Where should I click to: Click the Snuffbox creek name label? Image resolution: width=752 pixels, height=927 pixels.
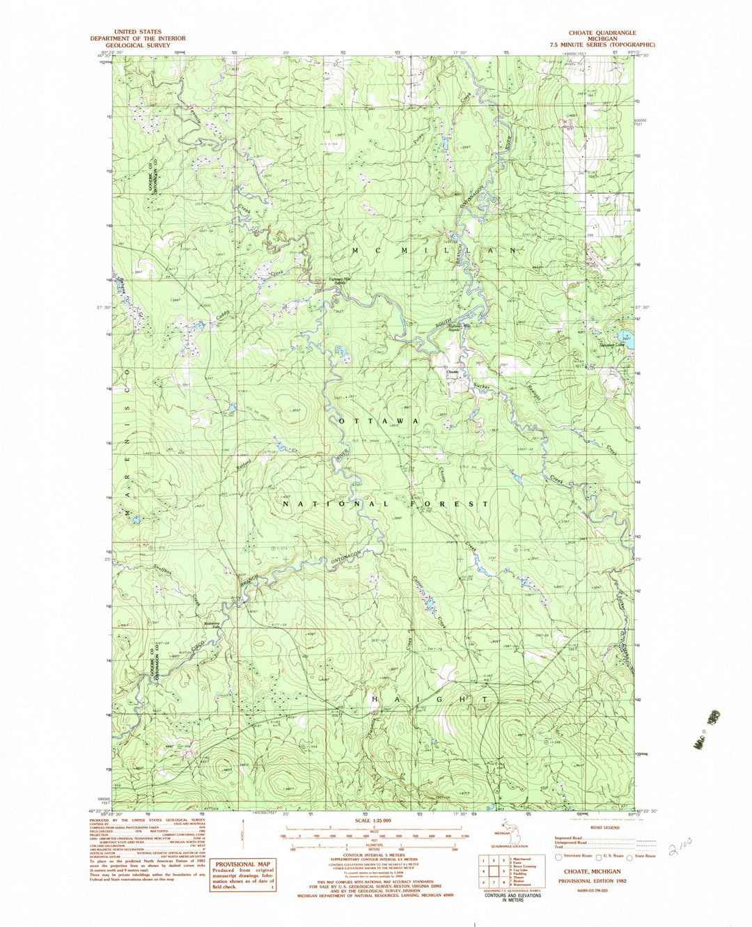[166, 576]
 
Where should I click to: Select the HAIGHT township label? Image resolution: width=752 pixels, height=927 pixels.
[428, 698]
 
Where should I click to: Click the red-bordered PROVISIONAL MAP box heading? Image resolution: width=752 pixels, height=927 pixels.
[244, 864]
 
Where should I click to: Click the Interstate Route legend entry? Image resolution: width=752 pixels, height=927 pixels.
[572, 855]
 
